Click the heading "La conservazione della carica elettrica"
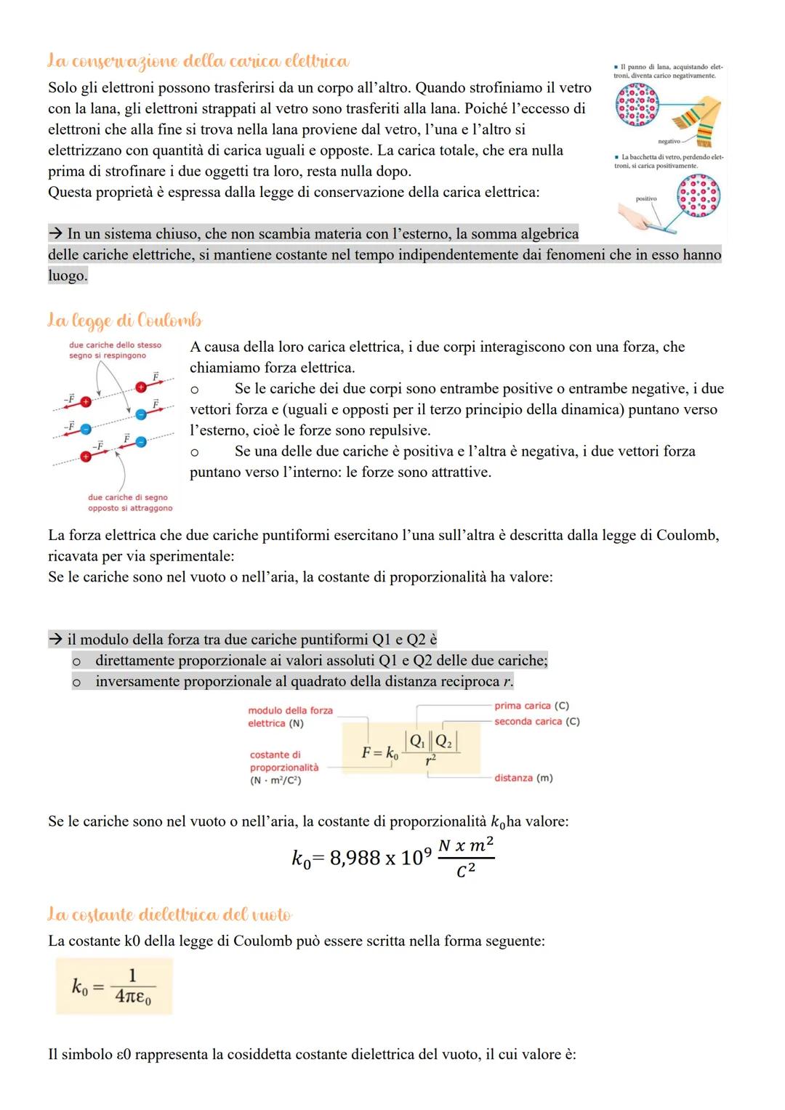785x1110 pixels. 198,62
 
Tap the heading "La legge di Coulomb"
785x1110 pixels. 124,320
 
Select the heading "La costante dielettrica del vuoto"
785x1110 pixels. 169,914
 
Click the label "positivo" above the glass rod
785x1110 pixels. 645,198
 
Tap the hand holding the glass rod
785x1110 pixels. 637,216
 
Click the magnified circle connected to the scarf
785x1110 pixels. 636,106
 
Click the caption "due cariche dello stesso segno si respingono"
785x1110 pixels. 114,350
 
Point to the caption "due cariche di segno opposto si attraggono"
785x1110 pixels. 130,503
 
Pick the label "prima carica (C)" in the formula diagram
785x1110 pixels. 531,706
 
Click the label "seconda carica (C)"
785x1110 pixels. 537,721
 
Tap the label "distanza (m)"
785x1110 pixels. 523,778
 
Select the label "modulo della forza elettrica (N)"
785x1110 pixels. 289,717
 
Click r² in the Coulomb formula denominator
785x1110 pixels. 431,760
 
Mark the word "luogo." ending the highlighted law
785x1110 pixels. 68,276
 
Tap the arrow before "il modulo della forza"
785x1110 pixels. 56,640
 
